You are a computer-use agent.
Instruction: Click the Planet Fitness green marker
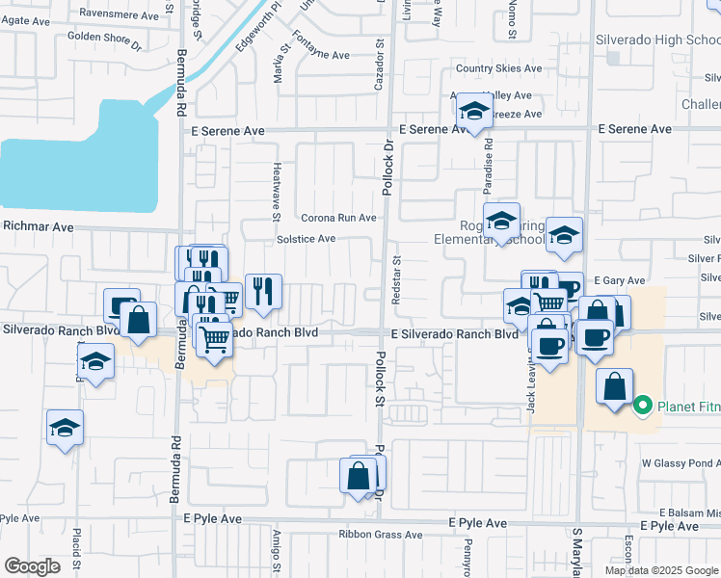pos(645,406)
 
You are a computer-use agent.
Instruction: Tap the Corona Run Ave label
pos(338,218)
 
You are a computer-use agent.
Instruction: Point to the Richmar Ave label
pos(39,227)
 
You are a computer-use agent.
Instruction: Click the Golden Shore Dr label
pos(104,40)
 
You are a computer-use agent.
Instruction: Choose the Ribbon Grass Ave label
pos(380,535)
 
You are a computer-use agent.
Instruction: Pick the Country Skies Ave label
pos(500,68)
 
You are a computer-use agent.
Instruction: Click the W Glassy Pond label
pos(681,463)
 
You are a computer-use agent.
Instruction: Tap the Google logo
pos(33,565)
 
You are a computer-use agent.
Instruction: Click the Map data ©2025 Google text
pos(660,570)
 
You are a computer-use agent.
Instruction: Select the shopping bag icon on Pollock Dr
pos(359,476)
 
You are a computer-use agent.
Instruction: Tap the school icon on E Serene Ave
pos(474,113)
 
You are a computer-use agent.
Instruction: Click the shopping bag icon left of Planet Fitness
pos(614,387)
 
